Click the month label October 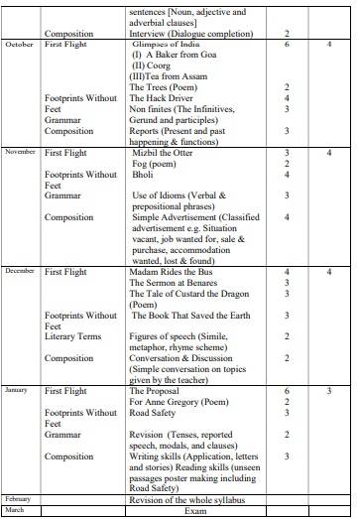point(20,46)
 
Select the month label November point(21,152)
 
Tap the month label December point(21,270)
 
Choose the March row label point(15,509)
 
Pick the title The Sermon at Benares point(174,283)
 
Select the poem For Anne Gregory point(176,402)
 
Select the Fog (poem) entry point(154,164)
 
